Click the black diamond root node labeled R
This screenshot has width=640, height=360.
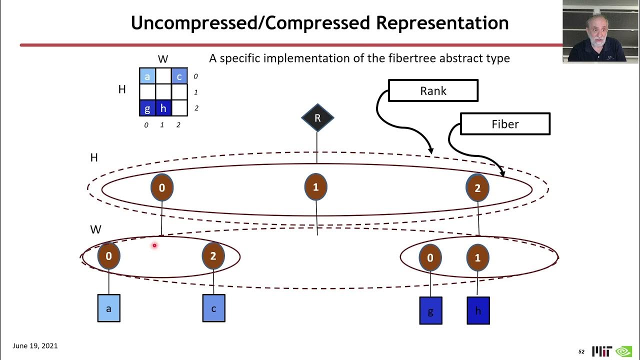point(317,118)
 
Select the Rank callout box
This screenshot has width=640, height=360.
point(433,91)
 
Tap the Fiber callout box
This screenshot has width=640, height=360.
point(505,124)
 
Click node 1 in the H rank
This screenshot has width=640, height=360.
point(315,187)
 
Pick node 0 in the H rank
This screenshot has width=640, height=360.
point(162,188)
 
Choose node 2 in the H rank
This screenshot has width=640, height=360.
point(477,188)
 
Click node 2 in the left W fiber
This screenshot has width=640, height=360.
point(213,256)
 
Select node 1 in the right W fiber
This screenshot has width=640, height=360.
point(477,257)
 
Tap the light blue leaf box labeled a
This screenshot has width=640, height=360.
point(108,308)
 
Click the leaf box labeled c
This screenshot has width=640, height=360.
point(213,308)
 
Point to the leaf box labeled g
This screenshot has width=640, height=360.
point(430,310)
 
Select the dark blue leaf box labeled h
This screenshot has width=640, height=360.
point(478,310)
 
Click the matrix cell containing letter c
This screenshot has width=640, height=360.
point(179,76)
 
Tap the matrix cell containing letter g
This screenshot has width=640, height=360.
point(147,108)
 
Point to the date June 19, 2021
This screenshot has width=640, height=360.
point(35,345)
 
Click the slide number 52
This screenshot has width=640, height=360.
point(581,351)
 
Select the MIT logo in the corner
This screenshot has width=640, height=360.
point(601,351)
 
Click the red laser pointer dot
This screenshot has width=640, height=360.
point(154,245)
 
